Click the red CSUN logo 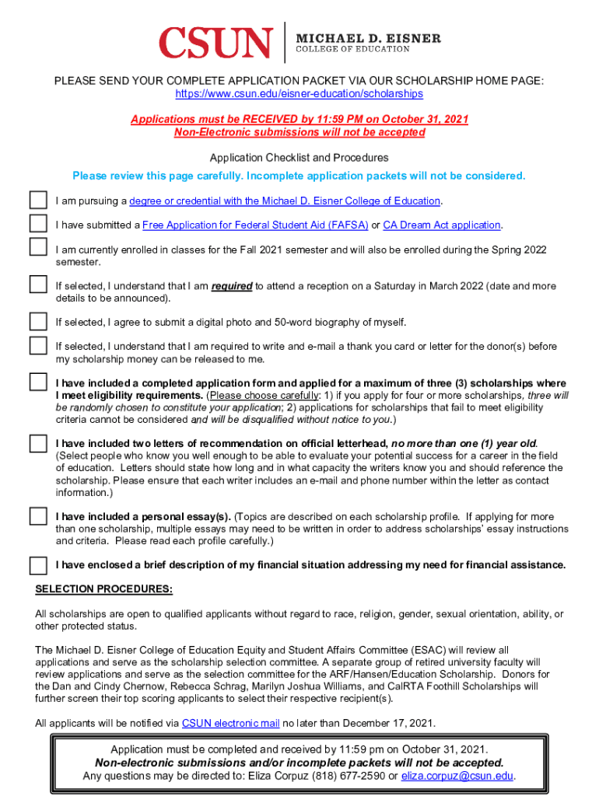click(x=215, y=42)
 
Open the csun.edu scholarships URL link click(x=299, y=93)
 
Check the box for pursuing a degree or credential click(x=38, y=200)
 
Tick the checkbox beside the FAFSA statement click(x=38, y=224)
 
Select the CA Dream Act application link click(x=441, y=225)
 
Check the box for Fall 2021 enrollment click(x=38, y=247)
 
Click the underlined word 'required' click(x=232, y=286)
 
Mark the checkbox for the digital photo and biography click(x=38, y=321)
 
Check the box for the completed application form click(x=38, y=382)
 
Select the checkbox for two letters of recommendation click(x=38, y=443)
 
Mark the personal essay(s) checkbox click(x=38, y=515)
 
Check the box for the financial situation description click(x=38, y=564)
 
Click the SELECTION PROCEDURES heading click(x=103, y=588)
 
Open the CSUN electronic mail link click(x=230, y=724)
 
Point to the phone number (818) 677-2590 click(x=353, y=776)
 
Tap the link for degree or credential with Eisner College click(x=285, y=201)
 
